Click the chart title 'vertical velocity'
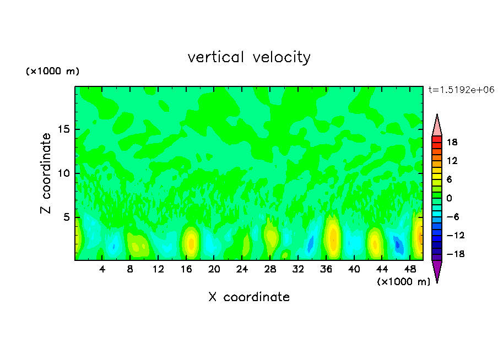[x=249, y=57]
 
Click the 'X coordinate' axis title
[x=249, y=297]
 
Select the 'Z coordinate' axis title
[x=46, y=173]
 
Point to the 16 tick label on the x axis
[x=186, y=269]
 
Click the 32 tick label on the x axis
[x=298, y=269]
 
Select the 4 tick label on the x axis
[x=102, y=269]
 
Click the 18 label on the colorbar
[x=453, y=142]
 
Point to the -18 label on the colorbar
[x=451, y=254]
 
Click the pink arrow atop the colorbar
[x=437, y=126]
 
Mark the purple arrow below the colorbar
[x=437, y=271]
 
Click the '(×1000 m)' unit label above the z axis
[x=53, y=72]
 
